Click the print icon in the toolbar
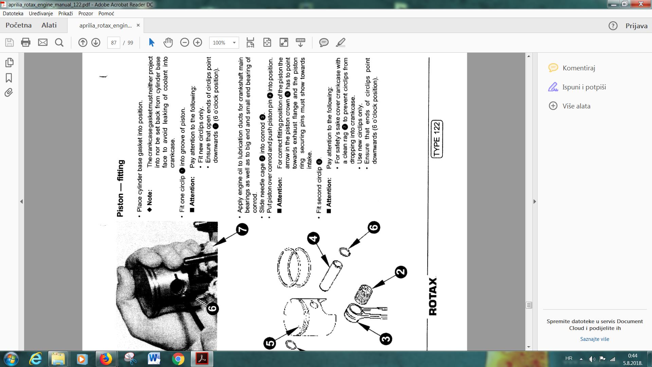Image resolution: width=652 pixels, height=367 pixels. coord(26,42)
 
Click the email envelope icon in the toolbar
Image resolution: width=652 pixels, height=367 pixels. coord(43,42)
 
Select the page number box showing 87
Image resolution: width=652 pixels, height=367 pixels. coord(114,42)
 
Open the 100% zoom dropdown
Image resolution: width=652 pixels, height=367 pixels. coord(224,42)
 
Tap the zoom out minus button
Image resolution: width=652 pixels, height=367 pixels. coord(184,42)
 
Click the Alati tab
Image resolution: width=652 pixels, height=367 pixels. coord(49,25)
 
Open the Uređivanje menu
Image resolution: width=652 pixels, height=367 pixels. coord(41,14)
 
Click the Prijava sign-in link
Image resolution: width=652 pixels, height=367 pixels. coord(636,26)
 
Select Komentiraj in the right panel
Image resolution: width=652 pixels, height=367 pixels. coord(579,68)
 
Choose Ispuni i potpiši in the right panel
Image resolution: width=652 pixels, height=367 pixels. coord(584,87)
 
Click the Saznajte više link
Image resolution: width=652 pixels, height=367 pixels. coord(595,339)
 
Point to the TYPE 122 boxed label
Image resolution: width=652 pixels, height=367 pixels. coord(437,139)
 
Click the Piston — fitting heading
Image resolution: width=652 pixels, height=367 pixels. coord(121,189)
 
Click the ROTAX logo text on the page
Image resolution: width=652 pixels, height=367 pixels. coord(433,296)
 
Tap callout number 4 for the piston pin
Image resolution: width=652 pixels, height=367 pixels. coord(313,238)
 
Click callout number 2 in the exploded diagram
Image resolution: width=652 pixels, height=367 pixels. coord(401,272)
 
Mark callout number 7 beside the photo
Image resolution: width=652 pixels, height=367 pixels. coord(242,229)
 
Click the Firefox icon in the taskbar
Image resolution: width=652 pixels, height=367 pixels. coord(106,359)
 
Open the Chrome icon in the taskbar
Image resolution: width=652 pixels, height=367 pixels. coord(178,359)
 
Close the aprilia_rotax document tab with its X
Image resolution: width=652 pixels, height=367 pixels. coord(138,25)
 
